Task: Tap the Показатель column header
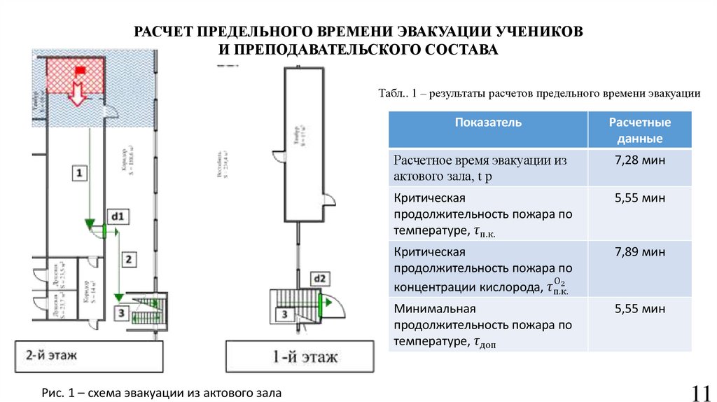pyautogui.click(x=488, y=123)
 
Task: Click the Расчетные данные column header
pyautogui.click(x=639, y=130)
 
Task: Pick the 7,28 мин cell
pyautogui.click(x=639, y=161)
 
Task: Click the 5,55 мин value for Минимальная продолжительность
pyautogui.click(x=639, y=308)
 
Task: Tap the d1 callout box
pyautogui.click(x=116, y=217)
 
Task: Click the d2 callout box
pyautogui.click(x=319, y=279)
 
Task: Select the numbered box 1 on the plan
pyautogui.click(x=79, y=172)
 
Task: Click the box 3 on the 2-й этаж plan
pyautogui.click(x=121, y=312)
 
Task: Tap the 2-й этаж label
pyautogui.click(x=53, y=354)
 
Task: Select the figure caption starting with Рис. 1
pyautogui.click(x=160, y=394)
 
